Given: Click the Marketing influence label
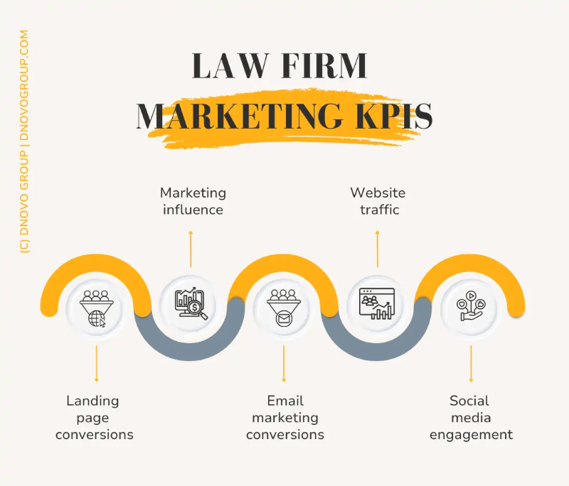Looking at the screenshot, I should pos(193,201).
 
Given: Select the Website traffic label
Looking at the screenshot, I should pos(378,201).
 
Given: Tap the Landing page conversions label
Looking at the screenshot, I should pos(95,418).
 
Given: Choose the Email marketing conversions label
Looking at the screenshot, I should pos(285,418).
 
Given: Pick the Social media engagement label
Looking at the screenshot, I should pos(471,418).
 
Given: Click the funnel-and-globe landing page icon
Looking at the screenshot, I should pos(95,308).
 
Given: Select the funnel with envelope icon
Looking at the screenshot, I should pos(284,308).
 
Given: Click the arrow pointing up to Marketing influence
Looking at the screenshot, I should pos(191,248).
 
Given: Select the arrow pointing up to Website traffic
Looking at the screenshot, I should pos(378,248).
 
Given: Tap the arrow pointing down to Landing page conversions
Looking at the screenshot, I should pos(96,364).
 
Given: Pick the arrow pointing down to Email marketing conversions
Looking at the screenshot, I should pos(284,364).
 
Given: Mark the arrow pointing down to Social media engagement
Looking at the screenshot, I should pos(471,364).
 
